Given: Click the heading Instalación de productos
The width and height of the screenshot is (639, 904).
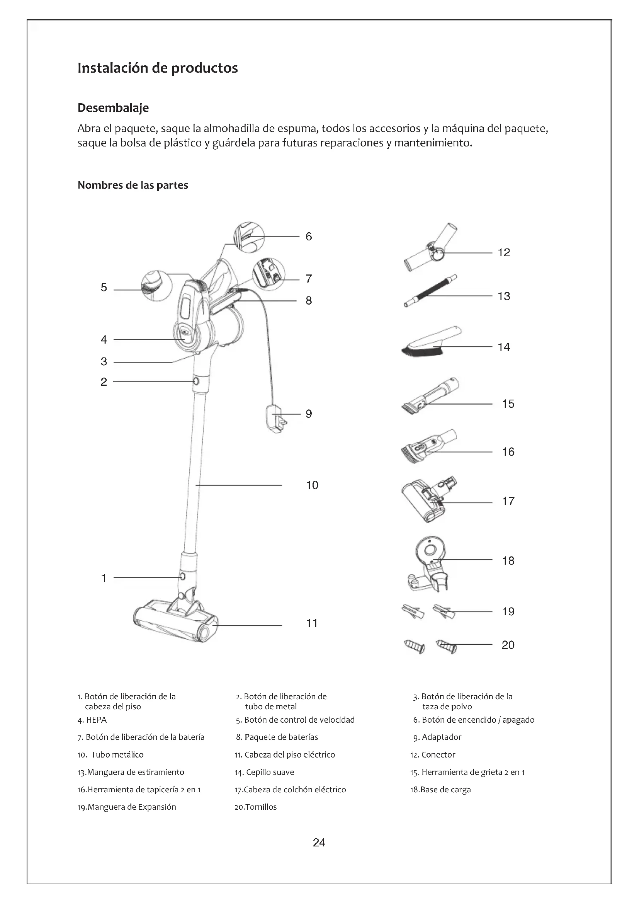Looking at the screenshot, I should (157, 68).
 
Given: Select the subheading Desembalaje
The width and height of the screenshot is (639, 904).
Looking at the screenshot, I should (113, 108).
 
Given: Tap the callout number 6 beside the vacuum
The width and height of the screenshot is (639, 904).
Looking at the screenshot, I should (308, 236).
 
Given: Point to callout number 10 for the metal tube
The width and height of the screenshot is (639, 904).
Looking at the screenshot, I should (312, 485).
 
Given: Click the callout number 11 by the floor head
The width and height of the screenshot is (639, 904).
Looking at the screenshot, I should (312, 623).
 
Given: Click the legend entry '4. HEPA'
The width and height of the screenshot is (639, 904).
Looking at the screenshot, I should (92, 720).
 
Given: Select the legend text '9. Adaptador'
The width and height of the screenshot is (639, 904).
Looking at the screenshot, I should (437, 737).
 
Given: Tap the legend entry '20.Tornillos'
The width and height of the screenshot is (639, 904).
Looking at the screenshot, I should (255, 807).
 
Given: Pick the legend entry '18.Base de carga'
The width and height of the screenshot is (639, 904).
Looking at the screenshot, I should (440, 790).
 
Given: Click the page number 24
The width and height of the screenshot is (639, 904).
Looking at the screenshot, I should (319, 843).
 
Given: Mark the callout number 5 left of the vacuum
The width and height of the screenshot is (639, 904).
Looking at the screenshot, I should (104, 288).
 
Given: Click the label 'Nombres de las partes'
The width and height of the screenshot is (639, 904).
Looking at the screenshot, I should (133, 186).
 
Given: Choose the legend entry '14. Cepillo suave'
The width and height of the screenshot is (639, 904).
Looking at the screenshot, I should (264, 772).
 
